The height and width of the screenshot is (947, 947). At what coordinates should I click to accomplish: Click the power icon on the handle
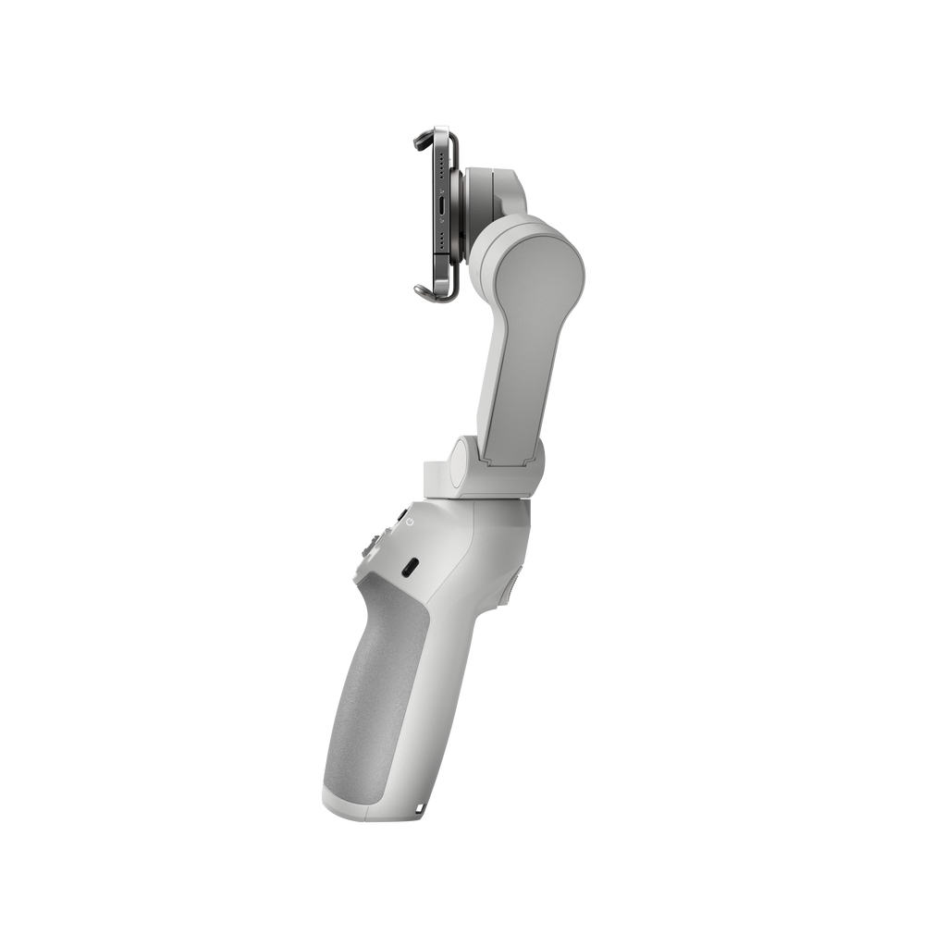408,523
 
